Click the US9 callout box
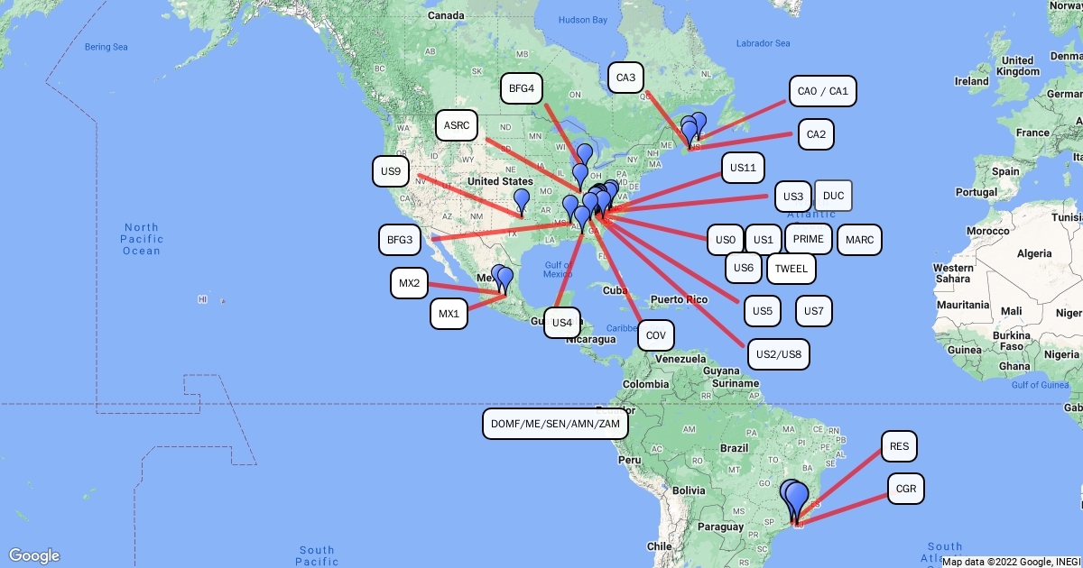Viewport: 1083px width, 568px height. pos(391,170)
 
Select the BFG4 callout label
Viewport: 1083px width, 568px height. pos(522,88)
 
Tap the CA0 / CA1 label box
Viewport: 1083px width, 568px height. pos(822,91)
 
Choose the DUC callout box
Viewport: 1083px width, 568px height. pos(833,196)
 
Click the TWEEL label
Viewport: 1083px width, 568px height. pos(791,268)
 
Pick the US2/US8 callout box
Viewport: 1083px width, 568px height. pos(779,353)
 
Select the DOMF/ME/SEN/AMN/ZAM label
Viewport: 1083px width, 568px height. pos(556,423)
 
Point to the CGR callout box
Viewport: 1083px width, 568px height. pos(906,490)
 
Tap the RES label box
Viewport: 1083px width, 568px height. pos(899,446)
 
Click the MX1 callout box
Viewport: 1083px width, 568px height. pos(449,314)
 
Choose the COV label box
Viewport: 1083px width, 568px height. pos(656,336)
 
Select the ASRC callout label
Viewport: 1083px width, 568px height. pos(457,124)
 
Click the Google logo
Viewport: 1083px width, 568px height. pos(35,555)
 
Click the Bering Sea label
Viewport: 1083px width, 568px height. pos(107,46)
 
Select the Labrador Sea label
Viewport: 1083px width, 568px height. pos(763,43)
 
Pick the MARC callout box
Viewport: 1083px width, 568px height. pos(859,240)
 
